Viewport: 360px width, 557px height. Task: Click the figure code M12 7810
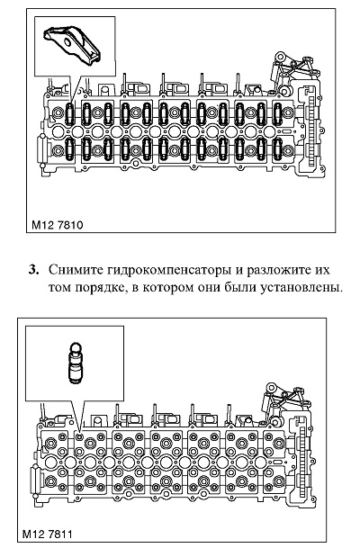pos(58,225)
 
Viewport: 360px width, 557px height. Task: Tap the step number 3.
pos(33,270)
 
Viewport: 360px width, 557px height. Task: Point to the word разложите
pos(274,271)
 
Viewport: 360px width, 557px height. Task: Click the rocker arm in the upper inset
pos(72,43)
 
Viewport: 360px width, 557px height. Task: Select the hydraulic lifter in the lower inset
pos(75,363)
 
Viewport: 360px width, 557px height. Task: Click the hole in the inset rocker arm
pos(67,43)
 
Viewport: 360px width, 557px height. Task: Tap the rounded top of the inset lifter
pos(75,346)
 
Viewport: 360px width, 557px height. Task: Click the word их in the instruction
pos(319,270)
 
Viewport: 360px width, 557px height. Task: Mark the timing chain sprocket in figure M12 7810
pos(312,131)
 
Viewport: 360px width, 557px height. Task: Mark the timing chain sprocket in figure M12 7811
pos(302,462)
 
